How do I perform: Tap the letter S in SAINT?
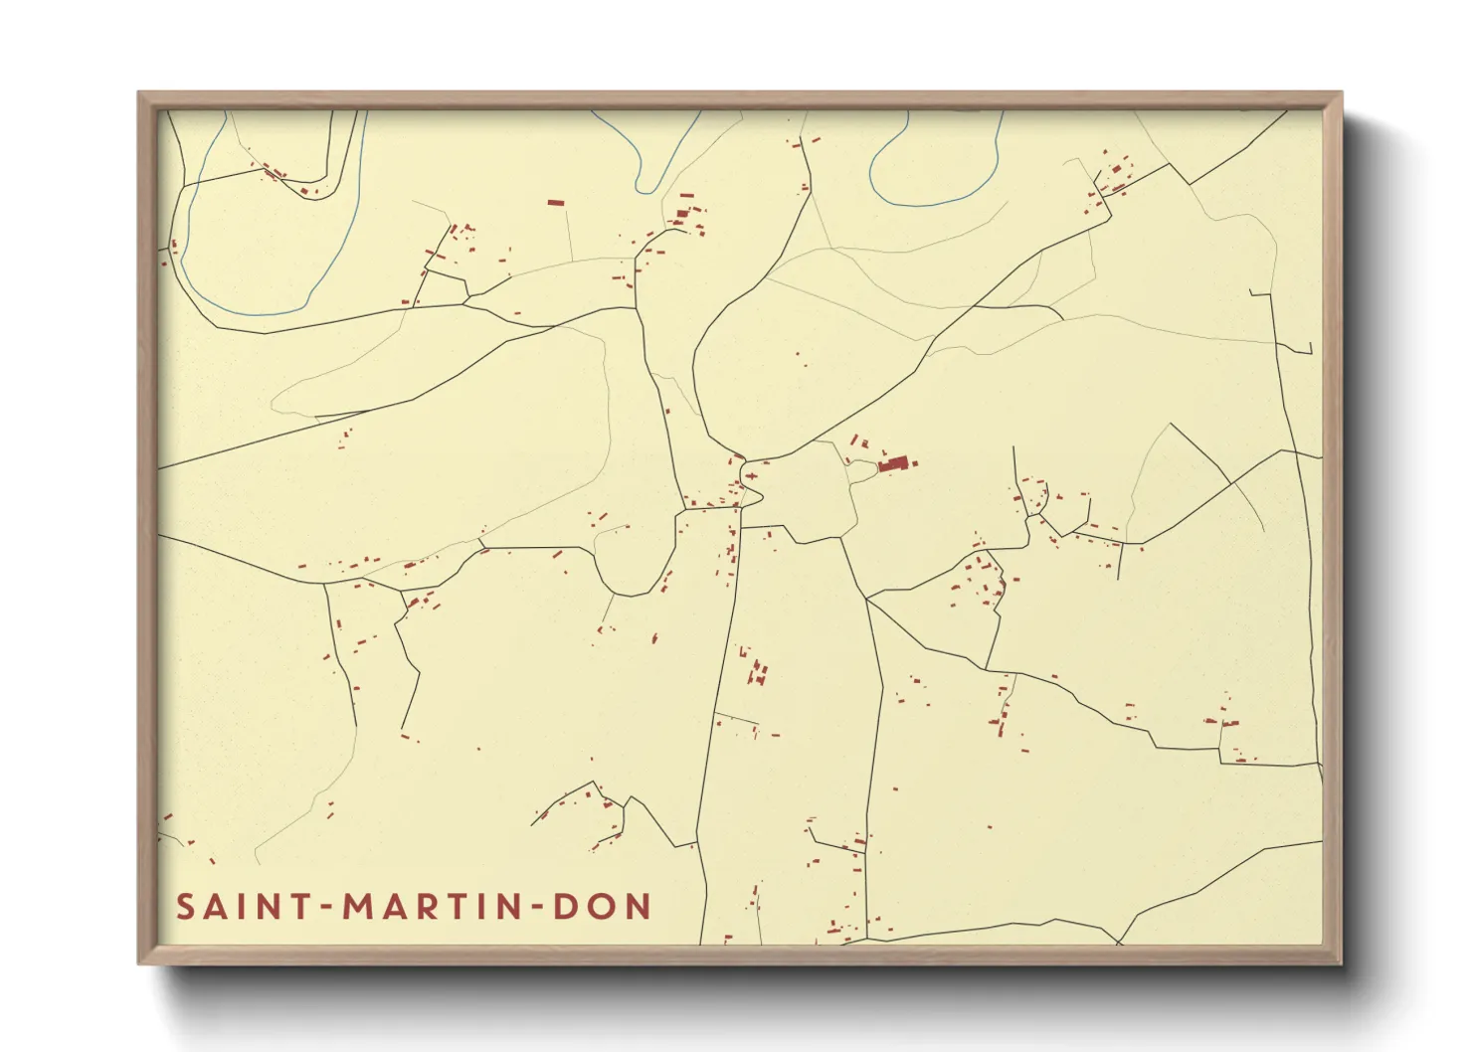185,907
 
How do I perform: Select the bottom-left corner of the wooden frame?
140,962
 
